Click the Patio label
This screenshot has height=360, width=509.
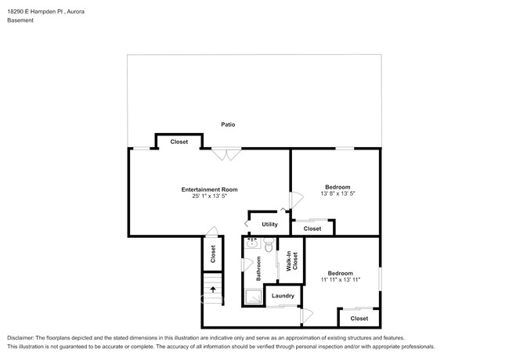point(228,124)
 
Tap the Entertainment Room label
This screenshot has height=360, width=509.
point(209,189)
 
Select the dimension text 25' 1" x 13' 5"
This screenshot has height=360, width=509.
point(209,196)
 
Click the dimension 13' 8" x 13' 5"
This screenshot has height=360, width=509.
point(338,193)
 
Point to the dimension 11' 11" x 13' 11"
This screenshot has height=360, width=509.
point(339,279)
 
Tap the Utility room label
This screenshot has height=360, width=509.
point(269,225)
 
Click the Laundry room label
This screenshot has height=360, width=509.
point(283,296)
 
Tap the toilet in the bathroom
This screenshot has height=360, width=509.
point(268,247)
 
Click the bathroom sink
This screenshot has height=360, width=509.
point(251,243)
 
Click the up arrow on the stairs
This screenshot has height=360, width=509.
point(212,289)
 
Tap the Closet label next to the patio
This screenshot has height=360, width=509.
point(179,142)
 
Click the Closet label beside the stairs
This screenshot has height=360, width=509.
point(213,254)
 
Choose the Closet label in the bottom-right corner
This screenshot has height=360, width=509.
point(359,319)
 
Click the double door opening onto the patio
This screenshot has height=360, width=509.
point(227,154)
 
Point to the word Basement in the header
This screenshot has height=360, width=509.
point(20,20)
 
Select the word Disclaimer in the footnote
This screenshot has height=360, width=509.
point(23,337)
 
